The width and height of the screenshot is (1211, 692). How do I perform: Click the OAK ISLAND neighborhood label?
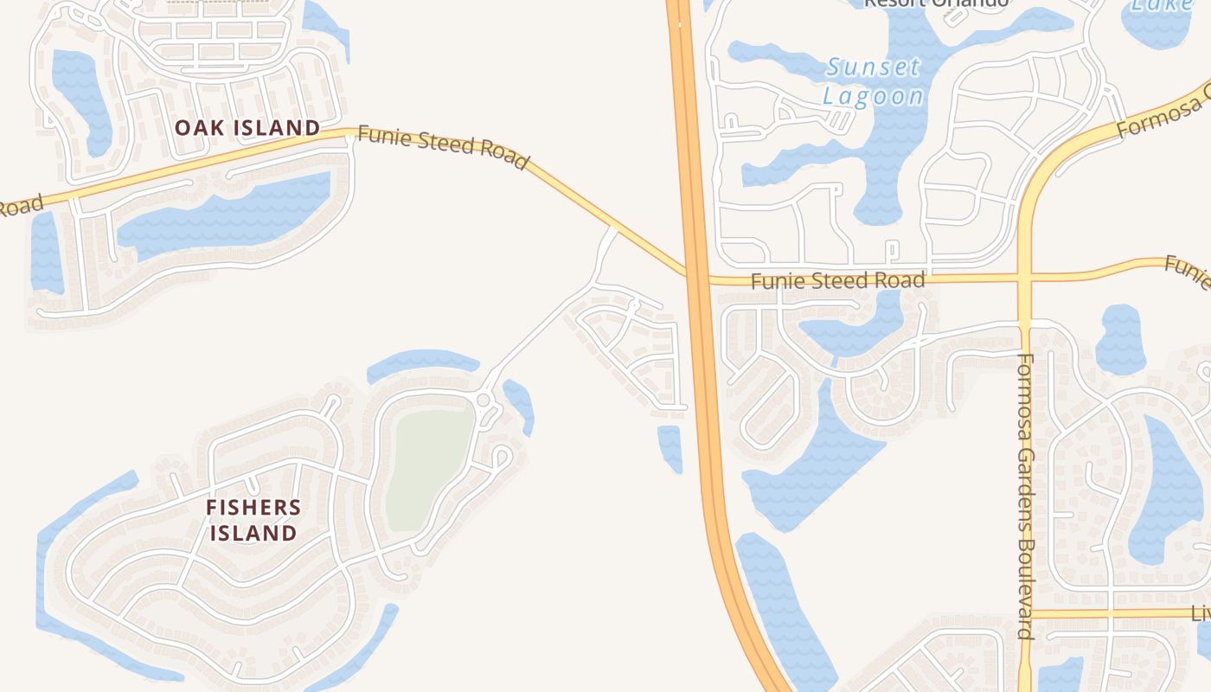click(247, 128)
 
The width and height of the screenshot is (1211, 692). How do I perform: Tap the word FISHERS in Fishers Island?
click(253, 508)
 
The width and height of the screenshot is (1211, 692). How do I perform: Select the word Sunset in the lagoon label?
click(873, 67)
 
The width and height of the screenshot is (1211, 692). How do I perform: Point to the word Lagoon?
click(873, 95)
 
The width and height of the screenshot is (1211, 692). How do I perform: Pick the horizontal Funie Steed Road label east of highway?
click(837, 280)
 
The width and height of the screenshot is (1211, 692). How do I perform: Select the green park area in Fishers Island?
click(429, 467)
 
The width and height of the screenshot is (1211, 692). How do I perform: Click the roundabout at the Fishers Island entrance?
click(483, 400)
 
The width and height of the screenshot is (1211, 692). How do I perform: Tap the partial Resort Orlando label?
click(936, 3)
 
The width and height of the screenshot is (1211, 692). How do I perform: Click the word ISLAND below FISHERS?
click(253, 533)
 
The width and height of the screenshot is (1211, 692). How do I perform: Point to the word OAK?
click(195, 128)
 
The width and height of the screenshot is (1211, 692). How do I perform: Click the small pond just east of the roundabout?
click(519, 405)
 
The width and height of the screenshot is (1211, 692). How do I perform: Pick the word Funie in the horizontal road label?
click(773, 281)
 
